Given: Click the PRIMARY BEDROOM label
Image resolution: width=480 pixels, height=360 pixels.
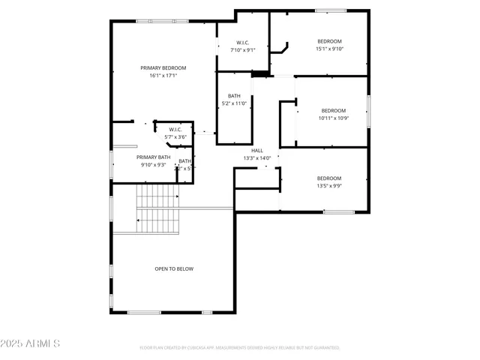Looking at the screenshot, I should point(163,67).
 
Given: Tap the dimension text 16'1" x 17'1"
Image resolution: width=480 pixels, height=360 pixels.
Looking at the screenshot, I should point(163,76).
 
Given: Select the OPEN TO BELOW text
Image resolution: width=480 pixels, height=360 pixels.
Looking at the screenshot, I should point(174,268).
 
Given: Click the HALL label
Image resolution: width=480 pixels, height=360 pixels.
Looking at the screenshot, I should point(256,150).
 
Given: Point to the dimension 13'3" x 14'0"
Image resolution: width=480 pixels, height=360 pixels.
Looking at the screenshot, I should point(256,158).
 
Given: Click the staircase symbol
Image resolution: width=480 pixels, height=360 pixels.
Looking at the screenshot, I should point(157,210).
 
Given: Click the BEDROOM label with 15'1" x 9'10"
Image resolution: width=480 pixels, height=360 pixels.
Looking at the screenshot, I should point(329,41).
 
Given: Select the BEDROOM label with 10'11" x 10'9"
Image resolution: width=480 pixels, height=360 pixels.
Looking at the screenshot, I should point(333,110).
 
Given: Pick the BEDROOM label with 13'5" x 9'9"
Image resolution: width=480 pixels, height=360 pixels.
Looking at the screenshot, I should point(329,178).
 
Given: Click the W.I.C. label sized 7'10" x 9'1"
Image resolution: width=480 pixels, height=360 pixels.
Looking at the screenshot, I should point(242,43).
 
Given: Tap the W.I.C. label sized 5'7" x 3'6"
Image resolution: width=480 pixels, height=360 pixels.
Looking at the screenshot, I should point(175,130).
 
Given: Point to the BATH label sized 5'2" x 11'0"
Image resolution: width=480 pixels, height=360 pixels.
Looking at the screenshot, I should point(234,95).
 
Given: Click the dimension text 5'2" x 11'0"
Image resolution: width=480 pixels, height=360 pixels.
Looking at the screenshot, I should point(234,103).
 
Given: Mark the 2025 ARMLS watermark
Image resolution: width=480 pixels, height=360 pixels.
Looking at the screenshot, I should point(31,343).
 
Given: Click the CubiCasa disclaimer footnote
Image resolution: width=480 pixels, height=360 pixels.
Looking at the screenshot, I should point(240,348).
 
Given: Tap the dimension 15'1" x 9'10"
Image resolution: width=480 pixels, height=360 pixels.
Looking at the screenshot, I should point(329,49).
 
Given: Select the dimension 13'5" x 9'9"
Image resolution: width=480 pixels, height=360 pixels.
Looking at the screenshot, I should point(329,186).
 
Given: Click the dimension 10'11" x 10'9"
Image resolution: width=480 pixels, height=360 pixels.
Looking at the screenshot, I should point(333,118).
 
